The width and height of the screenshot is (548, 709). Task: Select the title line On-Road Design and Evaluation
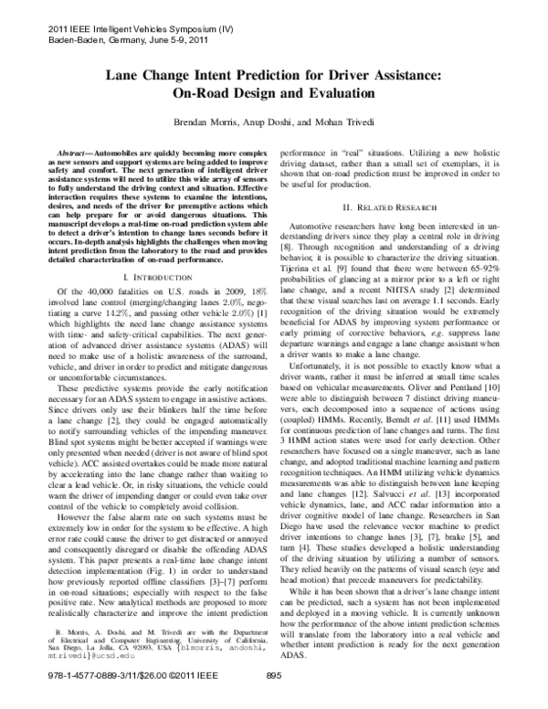(273, 92)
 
